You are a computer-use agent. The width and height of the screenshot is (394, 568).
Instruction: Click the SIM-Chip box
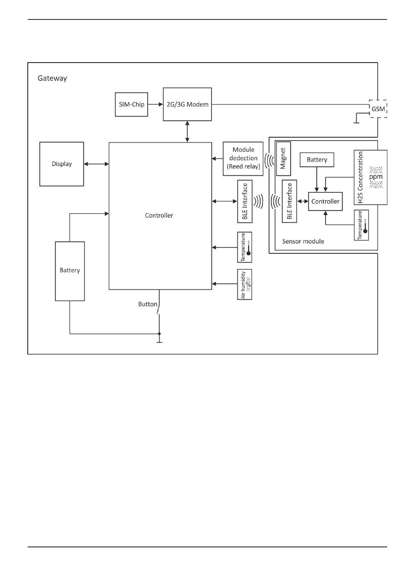click(131, 104)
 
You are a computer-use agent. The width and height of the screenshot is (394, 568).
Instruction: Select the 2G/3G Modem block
click(187, 104)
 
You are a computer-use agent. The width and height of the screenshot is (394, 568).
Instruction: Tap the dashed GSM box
click(378, 109)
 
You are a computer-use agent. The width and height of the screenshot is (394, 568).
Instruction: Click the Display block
click(62, 164)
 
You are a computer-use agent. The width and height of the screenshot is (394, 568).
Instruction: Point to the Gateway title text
click(52, 78)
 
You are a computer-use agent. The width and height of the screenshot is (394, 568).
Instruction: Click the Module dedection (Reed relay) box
click(243, 158)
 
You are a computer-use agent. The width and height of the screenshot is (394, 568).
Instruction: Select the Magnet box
click(283, 158)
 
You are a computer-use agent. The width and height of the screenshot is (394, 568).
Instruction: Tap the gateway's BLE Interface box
click(245, 201)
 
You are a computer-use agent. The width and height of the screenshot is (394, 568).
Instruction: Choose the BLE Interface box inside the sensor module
click(289, 201)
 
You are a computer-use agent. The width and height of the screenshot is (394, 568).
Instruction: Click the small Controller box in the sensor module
click(326, 201)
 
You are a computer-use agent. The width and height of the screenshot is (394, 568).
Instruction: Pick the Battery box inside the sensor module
click(317, 160)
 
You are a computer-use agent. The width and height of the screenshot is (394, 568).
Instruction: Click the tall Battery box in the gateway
click(70, 271)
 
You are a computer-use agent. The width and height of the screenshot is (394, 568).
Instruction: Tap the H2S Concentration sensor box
click(370, 177)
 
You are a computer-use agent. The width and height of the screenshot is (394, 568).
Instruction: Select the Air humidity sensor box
click(245, 284)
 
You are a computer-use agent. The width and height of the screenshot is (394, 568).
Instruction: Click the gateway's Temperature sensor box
click(245, 248)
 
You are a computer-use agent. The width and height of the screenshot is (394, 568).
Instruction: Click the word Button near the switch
click(148, 304)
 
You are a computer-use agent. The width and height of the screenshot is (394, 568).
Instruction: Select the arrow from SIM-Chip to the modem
click(156, 104)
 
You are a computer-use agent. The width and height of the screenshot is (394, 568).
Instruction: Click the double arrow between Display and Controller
click(96, 164)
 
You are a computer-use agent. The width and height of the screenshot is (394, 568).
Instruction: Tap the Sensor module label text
click(303, 241)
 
